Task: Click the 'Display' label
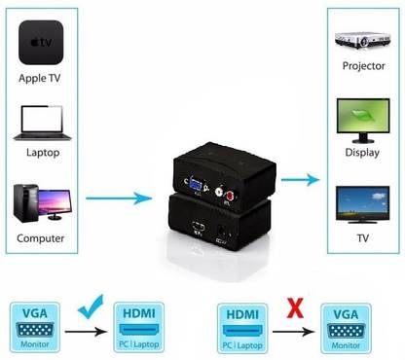tap(362, 153)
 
